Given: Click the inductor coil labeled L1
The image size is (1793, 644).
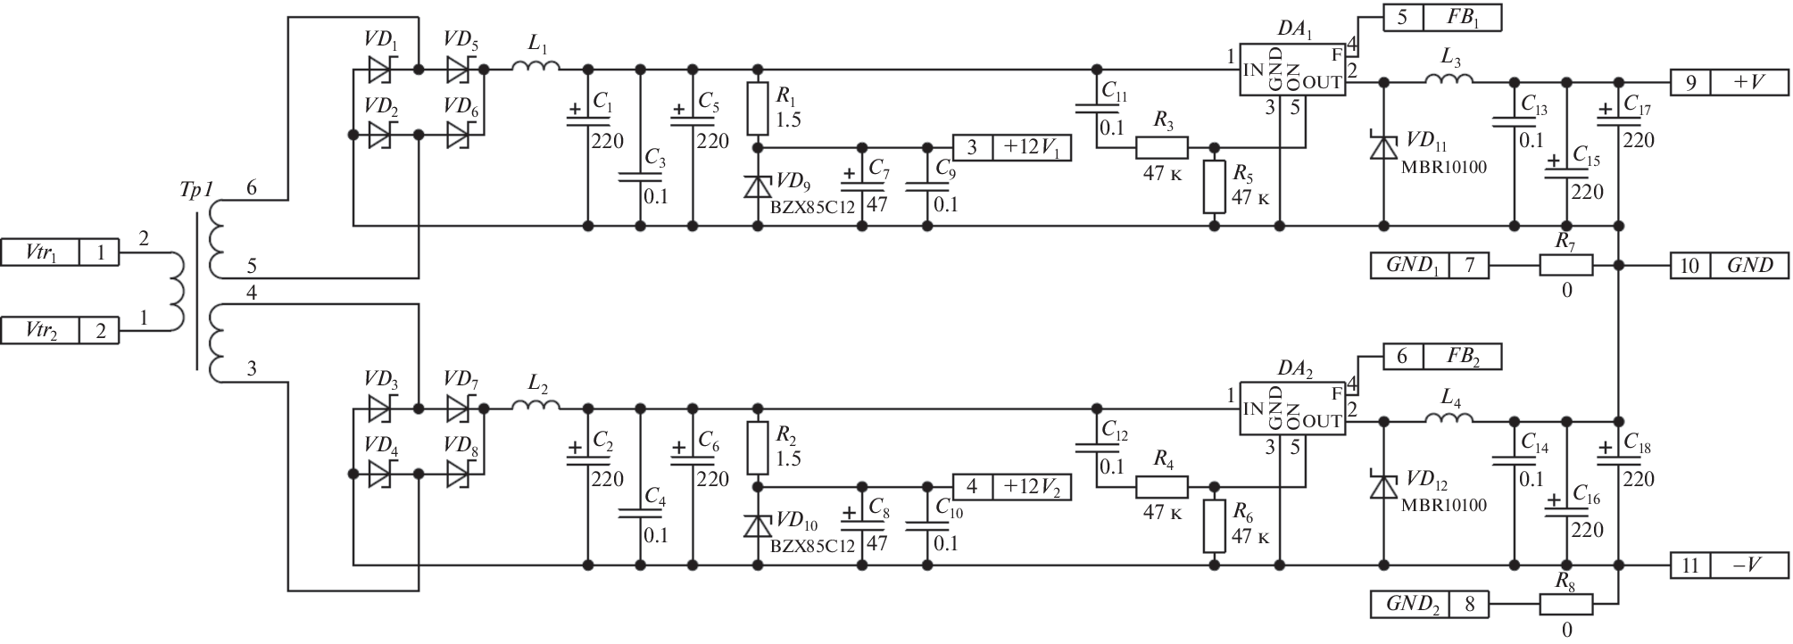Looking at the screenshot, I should [535, 67].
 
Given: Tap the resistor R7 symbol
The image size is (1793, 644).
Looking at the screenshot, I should [1565, 265].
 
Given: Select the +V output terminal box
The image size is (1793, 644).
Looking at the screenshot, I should [1730, 83].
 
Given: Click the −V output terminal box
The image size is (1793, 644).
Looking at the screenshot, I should [1730, 565].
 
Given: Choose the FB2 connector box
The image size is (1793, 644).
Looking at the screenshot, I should [1442, 357].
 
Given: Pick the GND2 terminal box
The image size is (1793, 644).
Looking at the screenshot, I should [1429, 604].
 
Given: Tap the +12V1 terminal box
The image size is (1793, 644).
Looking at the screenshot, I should [1012, 147].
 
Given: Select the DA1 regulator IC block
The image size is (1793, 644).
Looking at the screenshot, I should [1291, 70].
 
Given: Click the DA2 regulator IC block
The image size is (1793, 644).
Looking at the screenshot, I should [1291, 409].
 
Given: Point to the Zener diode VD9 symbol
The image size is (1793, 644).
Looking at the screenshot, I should [758, 187].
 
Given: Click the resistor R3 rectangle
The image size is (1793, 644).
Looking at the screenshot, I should [1161, 147].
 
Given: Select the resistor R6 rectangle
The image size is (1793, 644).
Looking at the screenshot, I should [1214, 526].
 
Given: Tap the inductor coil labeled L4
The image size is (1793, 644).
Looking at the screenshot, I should [1448, 418].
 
